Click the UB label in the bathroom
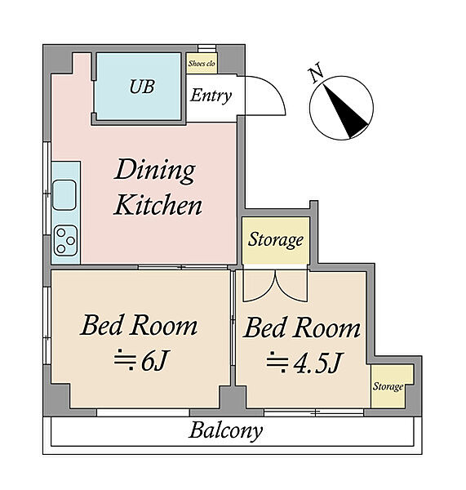pyautogui.click(x=142, y=87)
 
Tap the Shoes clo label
pyautogui.click(x=202, y=64)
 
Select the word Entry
pyautogui.click(x=211, y=96)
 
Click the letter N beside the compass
pyautogui.click(x=316, y=72)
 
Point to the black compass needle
pyautogui.click(x=345, y=111)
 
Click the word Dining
pyautogui.click(x=155, y=171)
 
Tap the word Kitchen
pyautogui.click(x=158, y=205)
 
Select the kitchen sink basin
pyautogui.click(x=64, y=194)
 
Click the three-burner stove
pyautogui.click(x=65, y=241)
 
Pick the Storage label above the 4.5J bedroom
pyautogui.click(x=276, y=240)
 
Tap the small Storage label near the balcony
pyautogui.click(x=388, y=386)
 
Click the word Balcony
pyautogui.click(x=225, y=430)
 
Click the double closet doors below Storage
pyautogui.click(x=275, y=286)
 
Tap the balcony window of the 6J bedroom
pyautogui.click(x=143, y=412)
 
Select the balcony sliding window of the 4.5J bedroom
pyautogui.click(x=313, y=412)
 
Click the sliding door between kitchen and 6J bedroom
pyautogui.click(x=183, y=267)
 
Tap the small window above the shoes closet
pyautogui.click(x=206, y=48)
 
